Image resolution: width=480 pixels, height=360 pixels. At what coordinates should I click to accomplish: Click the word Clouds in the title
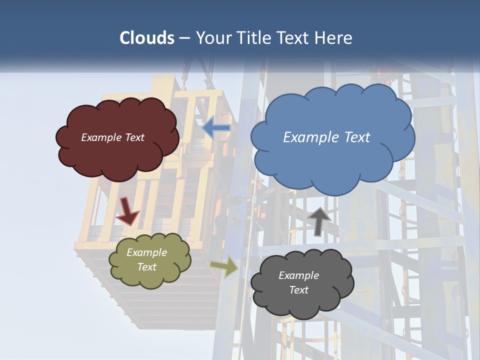pyautogui.click(x=146, y=38)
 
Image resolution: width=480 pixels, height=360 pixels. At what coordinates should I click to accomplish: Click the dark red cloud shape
pyautogui.click(x=117, y=160)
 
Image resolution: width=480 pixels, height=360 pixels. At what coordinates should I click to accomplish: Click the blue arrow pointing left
pyautogui.click(x=216, y=128)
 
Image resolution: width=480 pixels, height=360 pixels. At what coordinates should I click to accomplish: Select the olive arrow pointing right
pyautogui.click(x=224, y=266)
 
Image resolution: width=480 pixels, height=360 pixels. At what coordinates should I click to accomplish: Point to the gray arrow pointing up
pyautogui.click(x=318, y=221)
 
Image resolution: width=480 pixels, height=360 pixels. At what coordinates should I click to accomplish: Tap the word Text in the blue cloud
pyautogui.click(x=357, y=137)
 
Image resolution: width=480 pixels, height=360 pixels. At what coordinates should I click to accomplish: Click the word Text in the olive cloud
pyautogui.click(x=147, y=267)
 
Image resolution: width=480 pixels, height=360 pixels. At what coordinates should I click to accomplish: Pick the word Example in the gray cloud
pyautogui.click(x=298, y=275)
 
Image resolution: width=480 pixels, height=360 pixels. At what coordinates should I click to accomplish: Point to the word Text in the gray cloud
pyautogui.click(x=299, y=290)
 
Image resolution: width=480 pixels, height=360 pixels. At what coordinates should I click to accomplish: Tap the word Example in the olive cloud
pyautogui.click(x=147, y=252)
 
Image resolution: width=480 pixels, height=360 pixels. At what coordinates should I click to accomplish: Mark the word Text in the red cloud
pyautogui.click(x=134, y=137)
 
